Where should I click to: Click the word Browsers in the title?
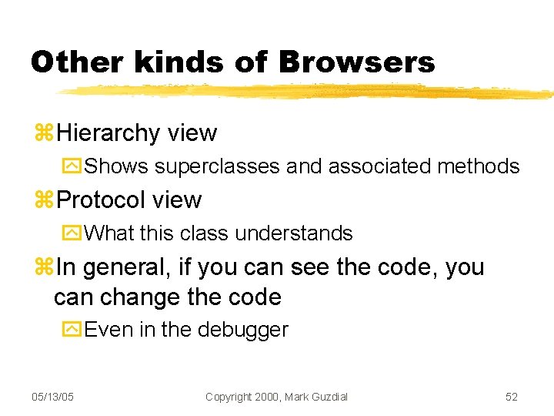(357, 62)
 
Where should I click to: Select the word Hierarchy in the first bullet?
(108, 133)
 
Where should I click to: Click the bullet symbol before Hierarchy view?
(44, 133)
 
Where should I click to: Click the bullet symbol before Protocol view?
(44, 200)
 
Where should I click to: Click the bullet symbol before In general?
(44, 267)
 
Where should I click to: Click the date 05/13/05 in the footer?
(52, 397)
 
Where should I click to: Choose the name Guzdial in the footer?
(327, 397)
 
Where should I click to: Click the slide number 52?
(512, 397)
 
